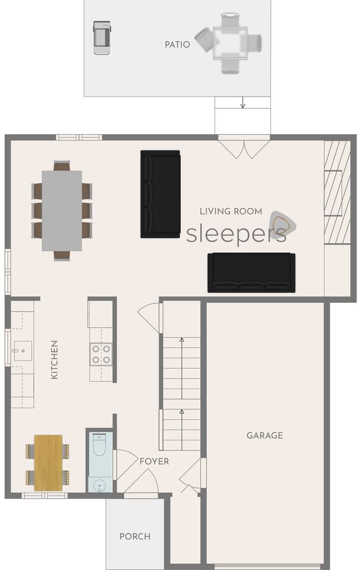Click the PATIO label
tap(177, 45)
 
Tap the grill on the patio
tap(102, 38)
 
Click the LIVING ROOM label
tap(231, 211)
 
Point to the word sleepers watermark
tap(236, 234)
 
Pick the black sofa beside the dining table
tap(160, 194)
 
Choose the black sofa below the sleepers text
tap(251, 273)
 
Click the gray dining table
tap(62, 211)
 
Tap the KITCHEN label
tap(54, 360)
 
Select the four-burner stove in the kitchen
tap(101, 354)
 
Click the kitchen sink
tap(23, 351)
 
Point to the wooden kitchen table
tap(48, 463)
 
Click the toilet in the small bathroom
tap(99, 444)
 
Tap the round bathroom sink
tap(99, 485)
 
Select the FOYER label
tap(154, 461)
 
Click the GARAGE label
tap(265, 435)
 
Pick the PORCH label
tap(135, 536)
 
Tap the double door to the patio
tap(244, 147)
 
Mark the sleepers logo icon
tap(283, 223)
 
